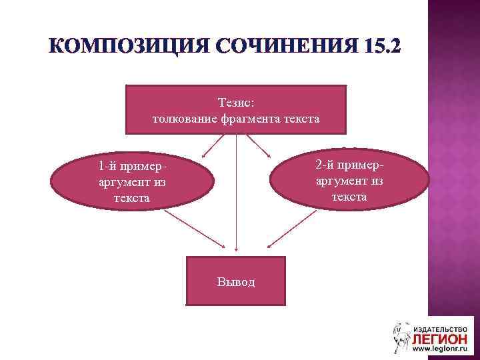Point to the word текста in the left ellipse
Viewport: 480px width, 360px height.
tap(132, 198)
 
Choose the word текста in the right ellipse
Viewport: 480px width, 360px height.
tap(349, 197)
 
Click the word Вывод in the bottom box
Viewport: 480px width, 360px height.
tap(235, 281)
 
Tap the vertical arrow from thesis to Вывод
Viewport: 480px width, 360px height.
tap(236, 193)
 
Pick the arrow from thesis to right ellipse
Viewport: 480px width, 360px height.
tap(259, 145)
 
